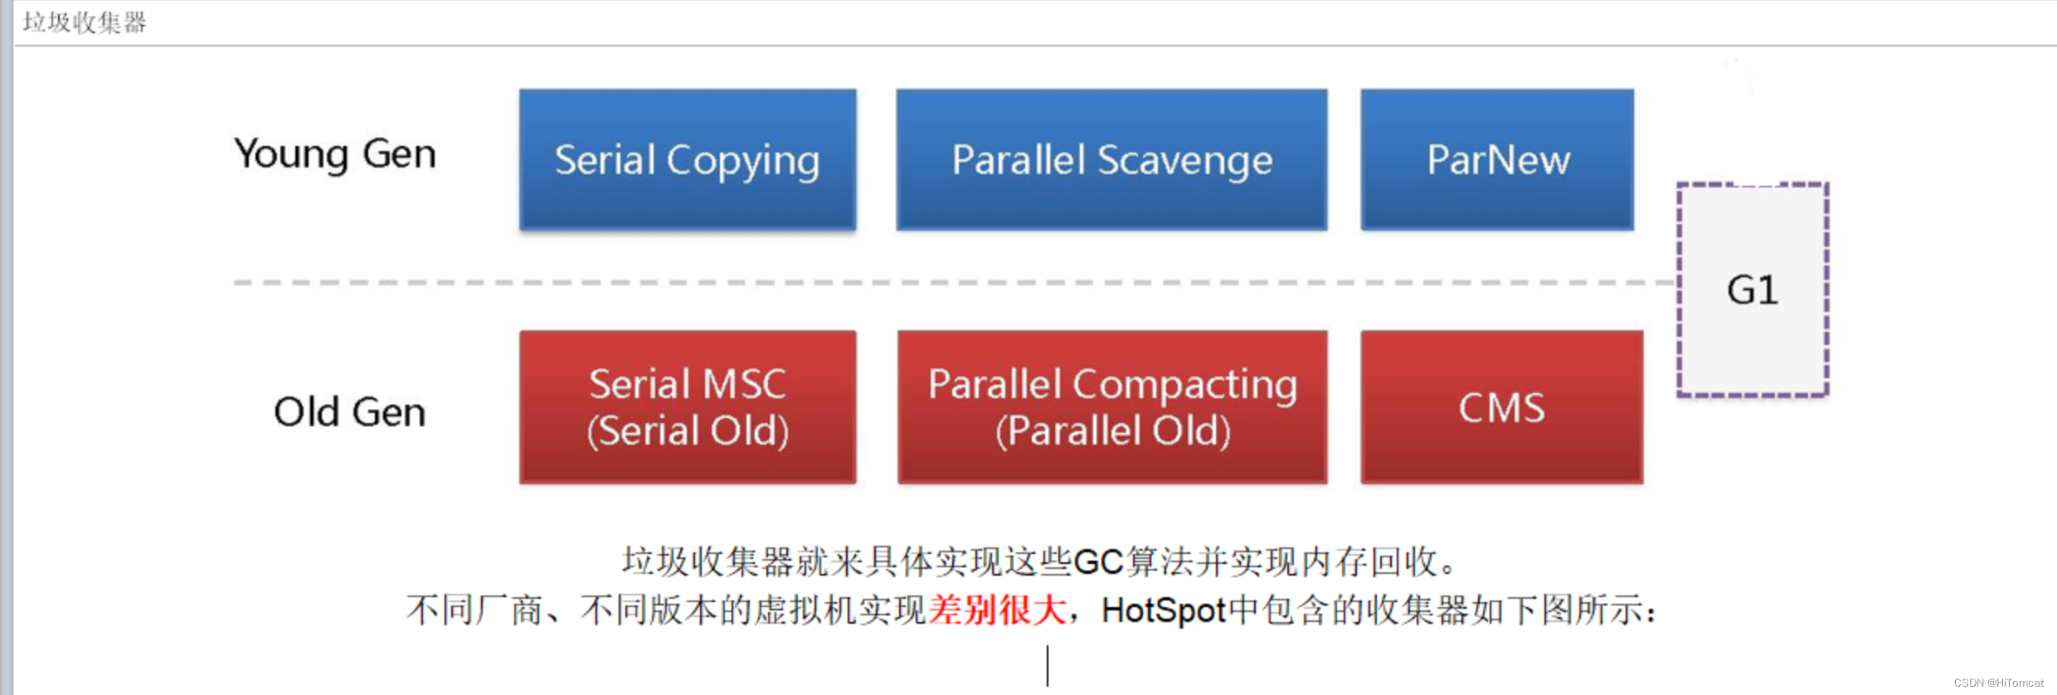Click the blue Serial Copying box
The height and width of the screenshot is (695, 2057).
pyautogui.click(x=687, y=159)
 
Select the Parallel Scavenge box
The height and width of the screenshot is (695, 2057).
pyautogui.click(x=1111, y=159)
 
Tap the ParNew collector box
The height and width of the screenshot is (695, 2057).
pyautogui.click(x=1497, y=159)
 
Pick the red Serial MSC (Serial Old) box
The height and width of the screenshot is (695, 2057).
pyautogui.click(x=687, y=406)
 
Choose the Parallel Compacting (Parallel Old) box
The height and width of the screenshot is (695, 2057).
pyautogui.click(x=1111, y=406)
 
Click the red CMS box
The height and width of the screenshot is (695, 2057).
pyautogui.click(x=1501, y=406)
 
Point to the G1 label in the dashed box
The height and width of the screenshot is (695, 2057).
pyautogui.click(x=1753, y=290)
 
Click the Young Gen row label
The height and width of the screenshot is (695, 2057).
pyautogui.click(x=334, y=154)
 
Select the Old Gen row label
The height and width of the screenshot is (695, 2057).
pyautogui.click(x=349, y=412)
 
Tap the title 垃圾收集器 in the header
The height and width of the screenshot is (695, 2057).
pyautogui.click(x=85, y=22)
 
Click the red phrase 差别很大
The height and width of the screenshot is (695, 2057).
pyautogui.click(x=997, y=610)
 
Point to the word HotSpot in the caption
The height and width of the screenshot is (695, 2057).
pyautogui.click(x=1163, y=611)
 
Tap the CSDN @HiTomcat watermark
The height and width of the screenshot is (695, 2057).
pyautogui.click(x=1998, y=683)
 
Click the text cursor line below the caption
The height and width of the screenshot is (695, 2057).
pyautogui.click(x=1048, y=665)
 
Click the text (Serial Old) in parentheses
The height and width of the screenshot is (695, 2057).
pyautogui.click(x=688, y=430)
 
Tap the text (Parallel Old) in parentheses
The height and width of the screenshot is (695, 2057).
pyautogui.click(x=1113, y=430)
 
